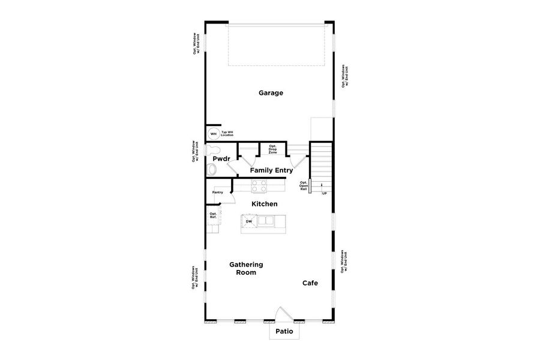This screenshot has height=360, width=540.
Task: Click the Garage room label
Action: pos(271,93)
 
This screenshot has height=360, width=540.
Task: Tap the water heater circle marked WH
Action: pos(213,134)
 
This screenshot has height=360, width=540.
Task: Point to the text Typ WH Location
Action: pos(227,134)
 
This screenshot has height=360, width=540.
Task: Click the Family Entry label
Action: pos(271,170)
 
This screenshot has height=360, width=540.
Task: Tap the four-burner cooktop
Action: pos(259,188)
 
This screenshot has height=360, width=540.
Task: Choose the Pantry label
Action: pos(217,193)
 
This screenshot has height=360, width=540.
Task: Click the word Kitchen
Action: pos(264,204)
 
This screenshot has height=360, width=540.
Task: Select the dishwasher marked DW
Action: pos(248,222)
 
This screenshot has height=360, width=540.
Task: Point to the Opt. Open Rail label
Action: pos(304,185)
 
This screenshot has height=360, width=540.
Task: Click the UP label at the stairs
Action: pos(324,193)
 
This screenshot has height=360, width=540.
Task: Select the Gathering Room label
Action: pos(246,268)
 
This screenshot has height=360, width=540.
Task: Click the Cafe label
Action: pos(310,283)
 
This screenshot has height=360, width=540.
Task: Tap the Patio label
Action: pos(284,331)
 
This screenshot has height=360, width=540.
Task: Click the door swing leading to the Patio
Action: pos(283,315)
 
